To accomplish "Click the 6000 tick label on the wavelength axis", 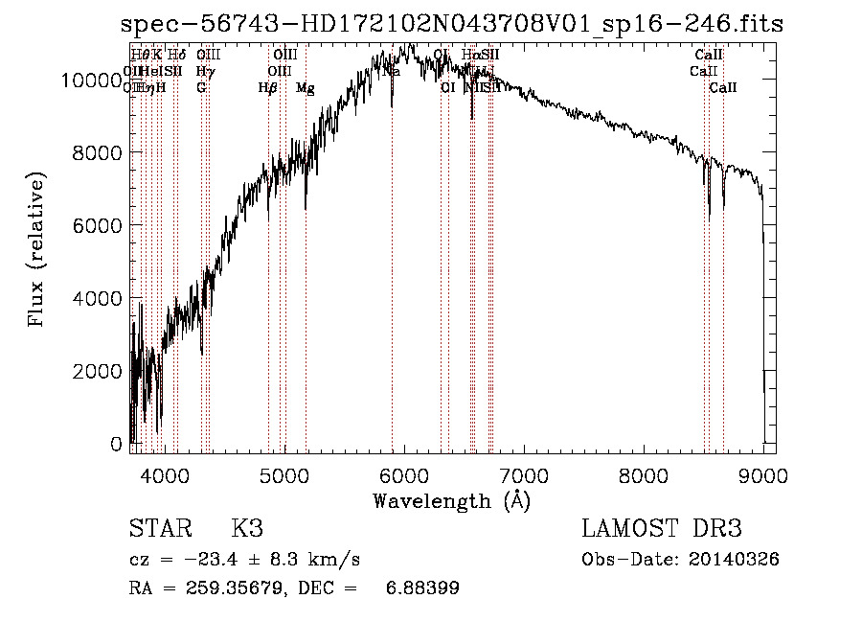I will click(x=403, y=476).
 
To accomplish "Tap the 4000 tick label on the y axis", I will click(x=97, y=298).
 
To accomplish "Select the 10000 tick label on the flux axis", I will click(x=91, y=81).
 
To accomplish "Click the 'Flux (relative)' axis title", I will click(x=38, y=251).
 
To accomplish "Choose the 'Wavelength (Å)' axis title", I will click(x=451, y=501).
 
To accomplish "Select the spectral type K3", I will click(x=247, y=529).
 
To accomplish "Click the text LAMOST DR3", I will click(x=662, y=529).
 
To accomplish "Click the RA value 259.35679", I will click(x=217, y=588).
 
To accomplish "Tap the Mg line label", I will click(x=305, y=88).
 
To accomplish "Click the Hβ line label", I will click(x=268, y=88).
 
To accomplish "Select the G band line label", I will click(x=201, y=88).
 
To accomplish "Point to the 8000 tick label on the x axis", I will click(x=643, y=476).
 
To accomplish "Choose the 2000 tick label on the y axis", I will click(x=97, y=371).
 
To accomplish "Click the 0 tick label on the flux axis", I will click(x=116, y=444).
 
